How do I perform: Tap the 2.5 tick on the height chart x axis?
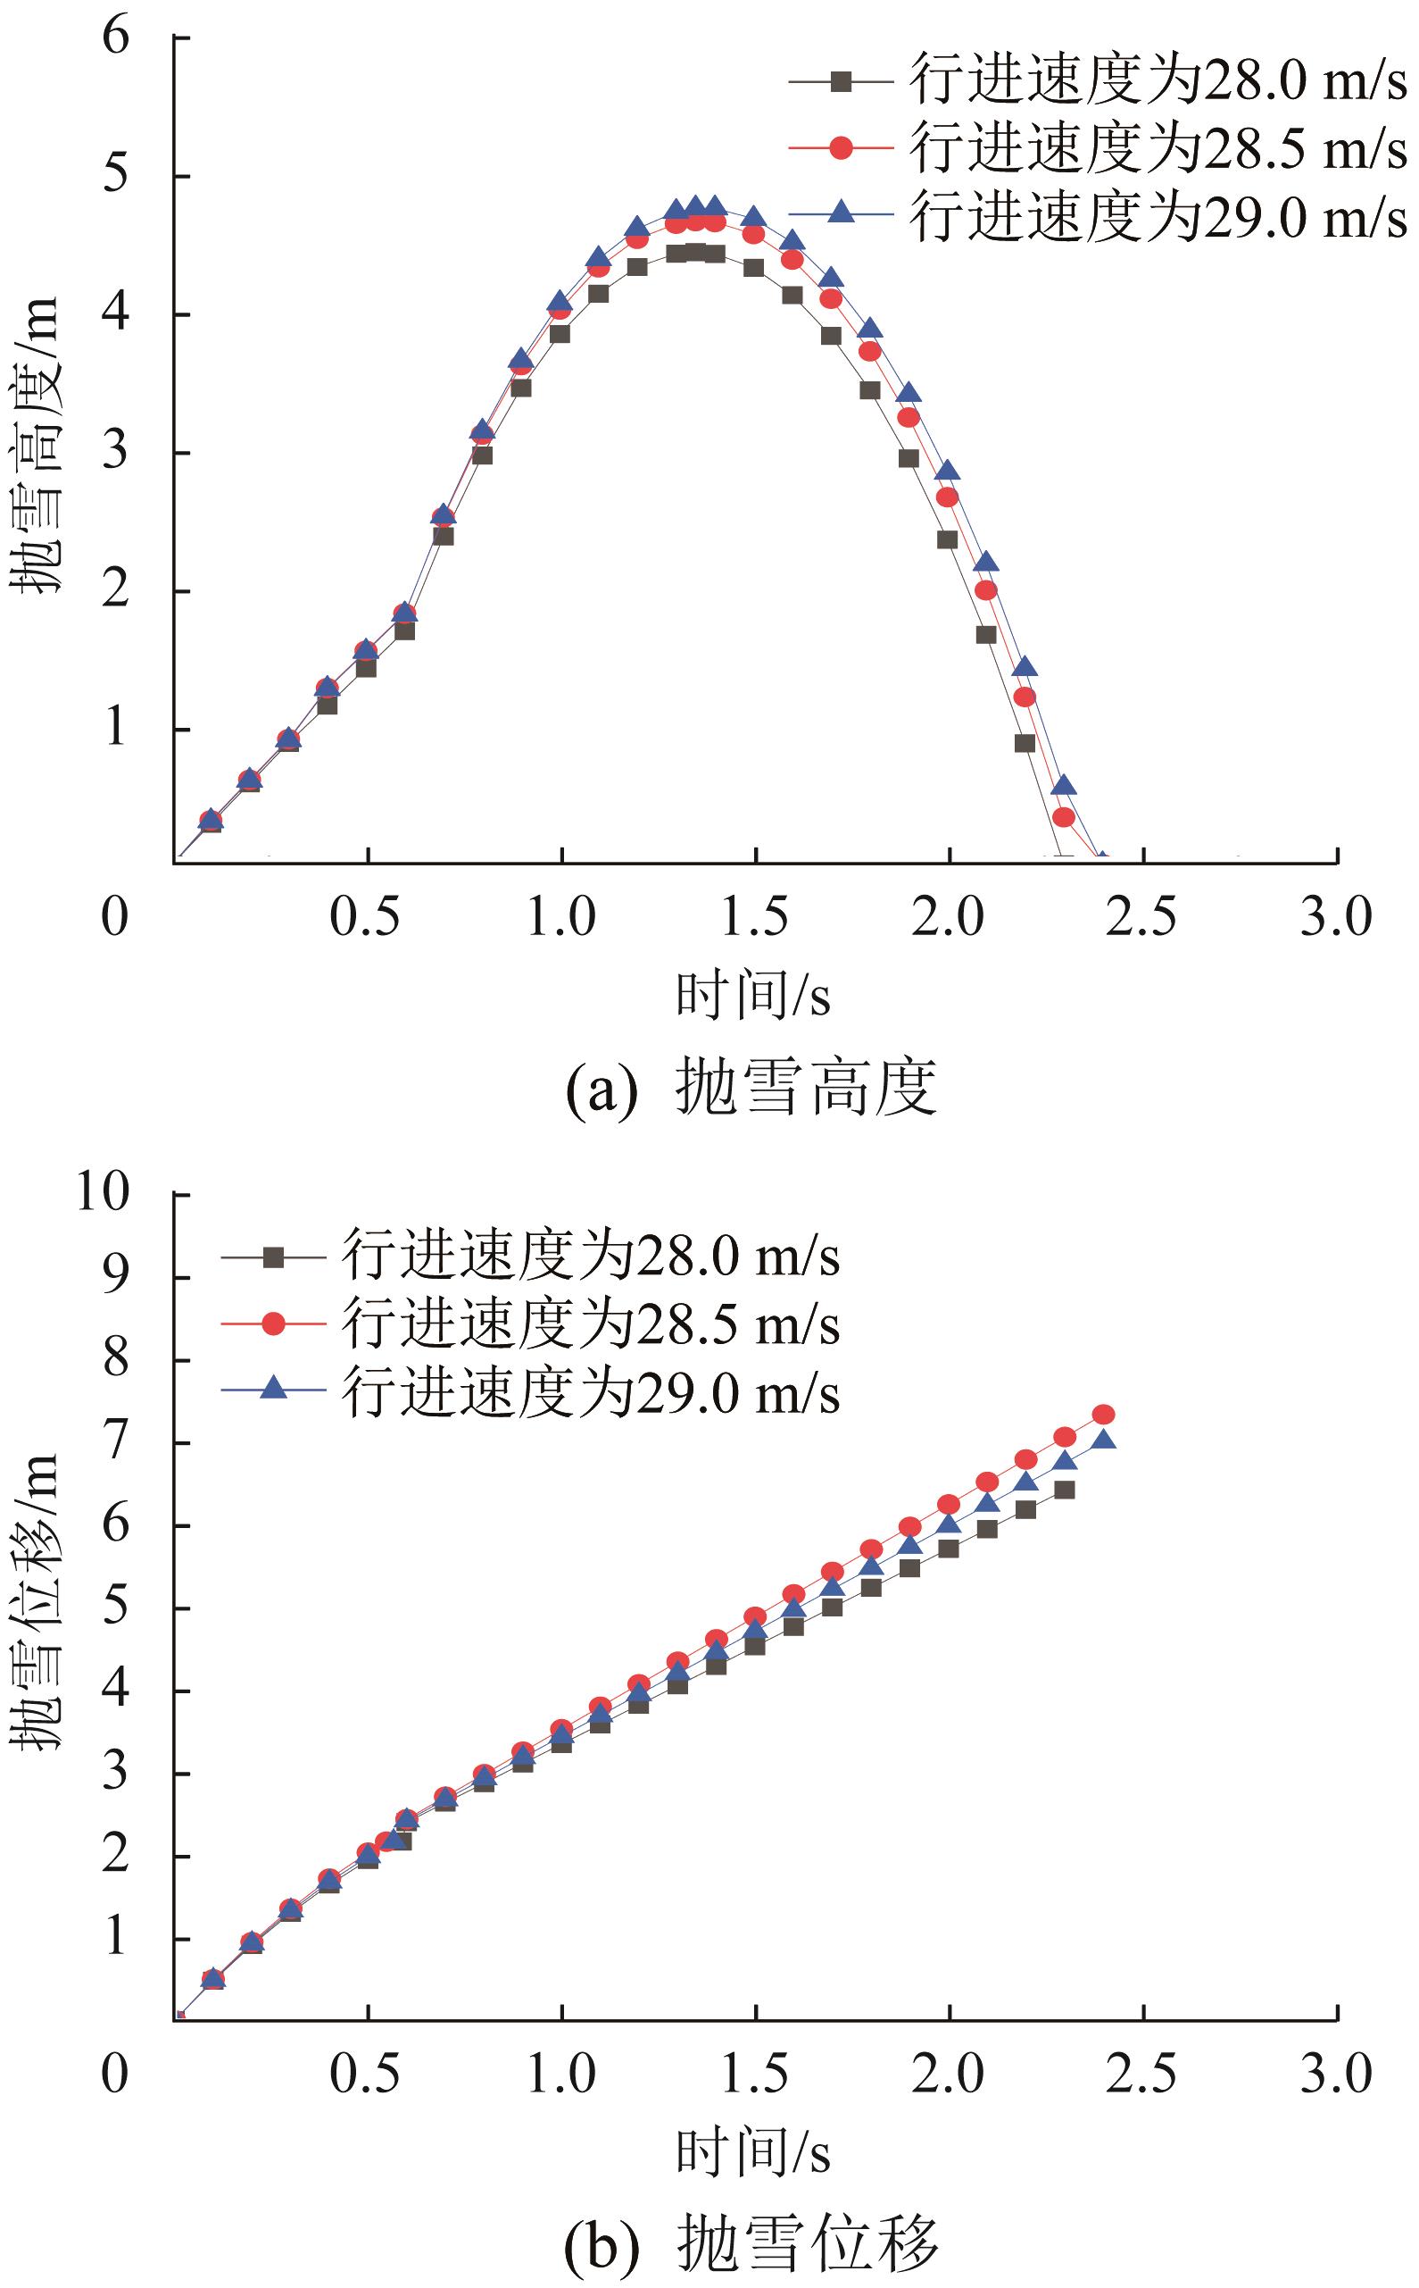pos(1141,916)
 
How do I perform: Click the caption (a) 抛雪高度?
pos(751,1088)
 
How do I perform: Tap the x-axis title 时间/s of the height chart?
pos(752,996)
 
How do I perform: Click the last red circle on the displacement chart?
pos(1104,1414)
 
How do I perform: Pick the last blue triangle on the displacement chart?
pos(1104,1440)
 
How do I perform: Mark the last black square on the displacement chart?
pos(1064,1490)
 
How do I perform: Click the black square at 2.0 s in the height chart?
pos(948,539)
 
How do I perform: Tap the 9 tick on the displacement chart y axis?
pos(115,1278)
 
